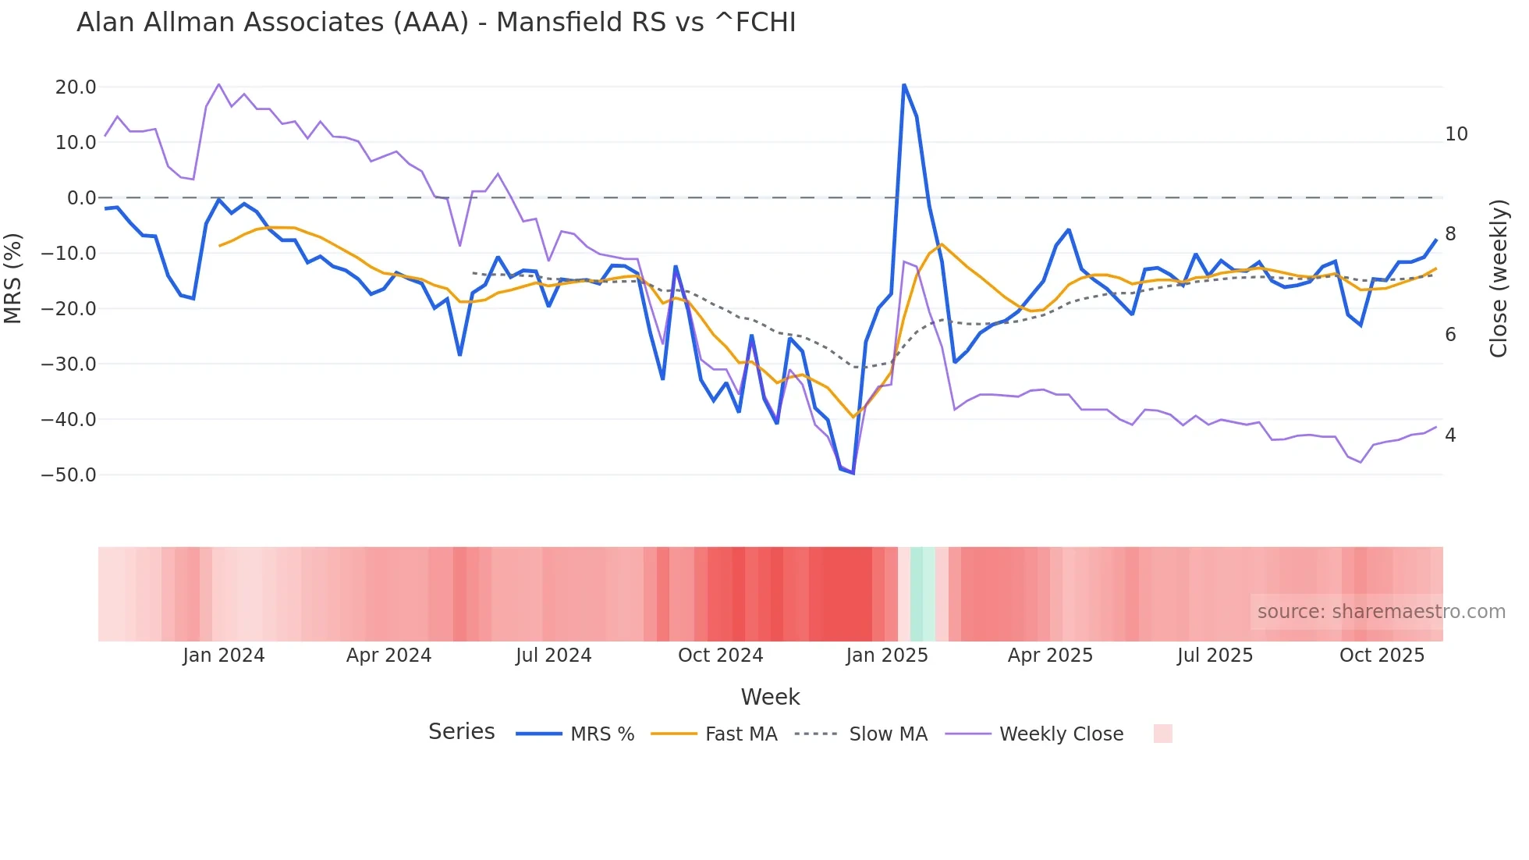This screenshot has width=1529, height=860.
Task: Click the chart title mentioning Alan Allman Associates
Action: [x=436, y=23]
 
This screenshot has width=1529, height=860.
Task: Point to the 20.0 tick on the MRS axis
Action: [x=76, y=87]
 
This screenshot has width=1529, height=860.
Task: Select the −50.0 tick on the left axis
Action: [x=69, y=475]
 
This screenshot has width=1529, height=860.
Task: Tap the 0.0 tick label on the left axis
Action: [x=81, y=198]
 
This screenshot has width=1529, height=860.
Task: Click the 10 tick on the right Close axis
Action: [x=1456, y=134]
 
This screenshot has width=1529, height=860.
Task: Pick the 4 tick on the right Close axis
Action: [x=1450, y=435]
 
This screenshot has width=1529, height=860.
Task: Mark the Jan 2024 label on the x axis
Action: [x=224, y=656]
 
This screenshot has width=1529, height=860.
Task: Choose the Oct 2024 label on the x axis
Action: [x=720, y=656]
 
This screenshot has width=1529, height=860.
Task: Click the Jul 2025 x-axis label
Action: [x=1215, y=656]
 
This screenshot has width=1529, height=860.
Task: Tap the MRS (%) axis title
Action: [x=13, y=279]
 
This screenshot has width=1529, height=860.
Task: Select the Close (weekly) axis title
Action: [x=1499, y=279]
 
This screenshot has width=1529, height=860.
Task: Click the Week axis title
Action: [x=770, y=697]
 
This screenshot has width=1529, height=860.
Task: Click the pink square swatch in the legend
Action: [x=1162, y=734]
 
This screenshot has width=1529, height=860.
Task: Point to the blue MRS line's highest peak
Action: [x=903, y=85]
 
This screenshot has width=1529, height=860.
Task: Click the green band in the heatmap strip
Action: [x=922, y=594]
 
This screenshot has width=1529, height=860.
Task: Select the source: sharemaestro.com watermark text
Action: [x=1381, y=612]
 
